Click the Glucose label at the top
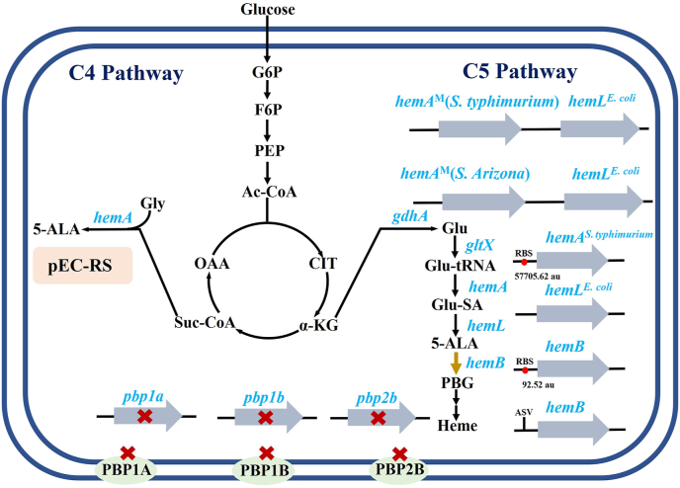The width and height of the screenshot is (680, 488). pyautogui.click(x=267, y=10)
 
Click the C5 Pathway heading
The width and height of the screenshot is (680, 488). pyautogui.click(x=520, y=72)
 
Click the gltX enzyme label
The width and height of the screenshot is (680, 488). pyautogui.click(x=479, y=243)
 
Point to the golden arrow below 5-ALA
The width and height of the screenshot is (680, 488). pyautogui.click(x=455, y=363)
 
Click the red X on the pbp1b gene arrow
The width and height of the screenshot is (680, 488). pyautogui.click(x=265, y=418)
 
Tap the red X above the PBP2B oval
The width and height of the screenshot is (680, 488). pyautogui.click(x=400, y=453)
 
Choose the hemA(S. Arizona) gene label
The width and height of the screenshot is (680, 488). pyautogui.click(x=464, y=175)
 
